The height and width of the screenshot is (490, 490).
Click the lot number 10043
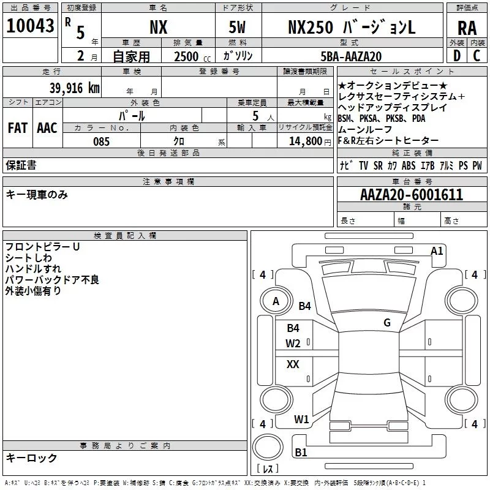(x=30, y=26)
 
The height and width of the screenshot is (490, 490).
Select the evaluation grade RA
(x=467, y=28)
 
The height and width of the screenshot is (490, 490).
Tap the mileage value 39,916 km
(x=75, y=88)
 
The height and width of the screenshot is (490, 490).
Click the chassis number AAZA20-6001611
(x=412, y=195)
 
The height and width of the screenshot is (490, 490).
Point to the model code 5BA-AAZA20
(x=351, y=56)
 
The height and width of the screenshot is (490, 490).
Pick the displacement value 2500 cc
(x=192, y=56)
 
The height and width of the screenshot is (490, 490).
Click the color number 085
(x=102, y=141)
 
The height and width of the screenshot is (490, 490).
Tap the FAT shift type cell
(x=18, y=128)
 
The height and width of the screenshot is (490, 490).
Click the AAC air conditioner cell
(x=47, y=128)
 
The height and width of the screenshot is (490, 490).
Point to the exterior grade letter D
(x=457, y=56)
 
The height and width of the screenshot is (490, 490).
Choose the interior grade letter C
(x=477, y=56)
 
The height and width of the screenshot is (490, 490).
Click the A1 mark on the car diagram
(x=437, y=251)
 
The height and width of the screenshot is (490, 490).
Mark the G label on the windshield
(x=387, y=323)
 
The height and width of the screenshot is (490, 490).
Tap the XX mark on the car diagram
(x=293, y=364)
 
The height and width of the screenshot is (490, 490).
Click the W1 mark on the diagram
(x=301, y=420)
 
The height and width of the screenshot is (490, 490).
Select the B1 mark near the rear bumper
(x=301, y=452)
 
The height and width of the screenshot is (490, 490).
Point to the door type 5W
(x=237, y=27)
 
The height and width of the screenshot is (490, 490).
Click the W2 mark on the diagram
(x=293, y=344)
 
